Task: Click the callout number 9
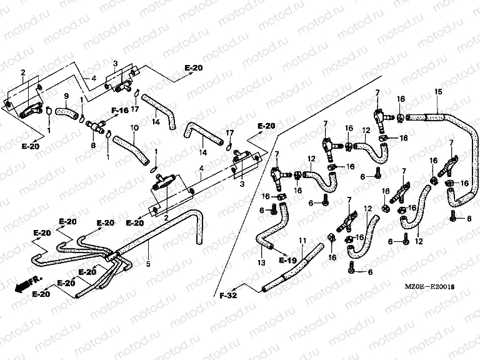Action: [66, 96]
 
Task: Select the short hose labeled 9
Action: [64, 112]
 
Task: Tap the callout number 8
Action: [94, 145]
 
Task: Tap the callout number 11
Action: [302, 241]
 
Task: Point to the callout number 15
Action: [438, 92]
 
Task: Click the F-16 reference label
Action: [120, 110]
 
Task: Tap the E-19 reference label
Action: [287, 259]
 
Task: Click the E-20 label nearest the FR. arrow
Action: [42, 294]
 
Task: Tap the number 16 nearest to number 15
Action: [401, 99]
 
